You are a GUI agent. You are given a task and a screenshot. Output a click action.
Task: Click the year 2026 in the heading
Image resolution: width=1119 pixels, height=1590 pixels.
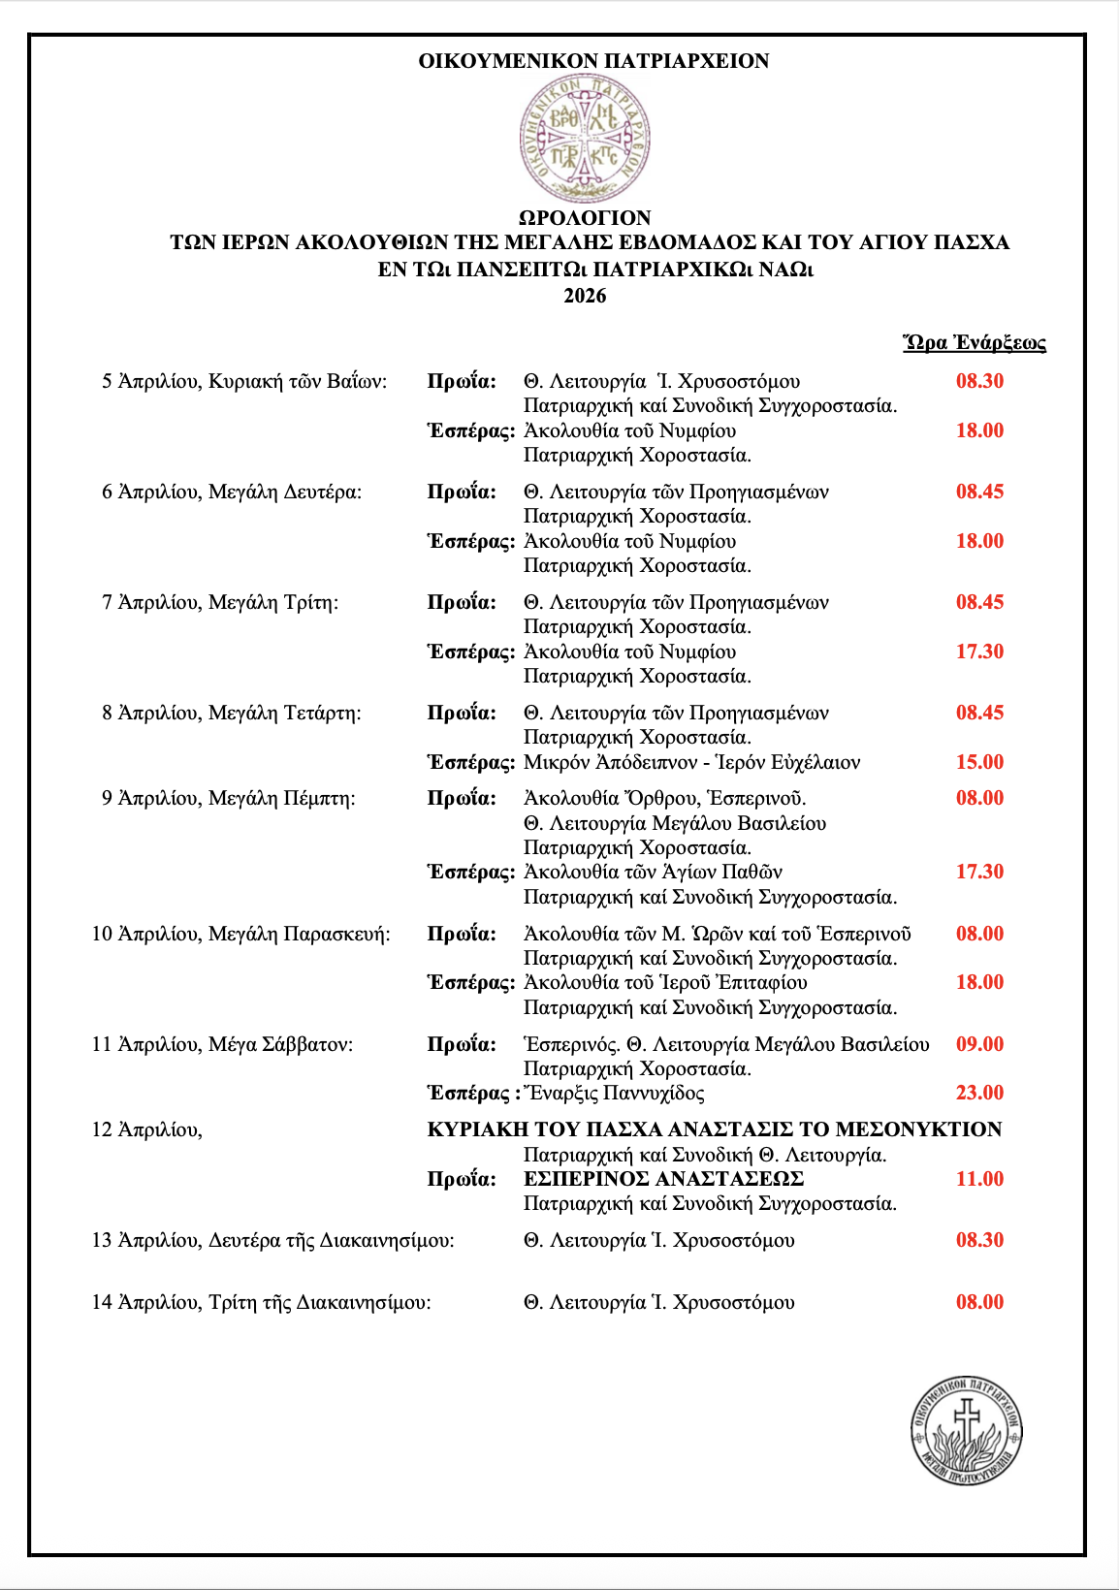(585, 296)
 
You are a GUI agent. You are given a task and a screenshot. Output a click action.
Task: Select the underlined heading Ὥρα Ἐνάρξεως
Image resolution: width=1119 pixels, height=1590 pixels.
(975, 342)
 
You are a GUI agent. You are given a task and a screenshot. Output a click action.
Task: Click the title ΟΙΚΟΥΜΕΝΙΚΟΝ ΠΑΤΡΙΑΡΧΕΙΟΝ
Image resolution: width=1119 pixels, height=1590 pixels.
(593, 61)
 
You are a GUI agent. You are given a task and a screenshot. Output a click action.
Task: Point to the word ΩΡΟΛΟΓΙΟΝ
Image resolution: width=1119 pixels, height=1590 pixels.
(585, 218)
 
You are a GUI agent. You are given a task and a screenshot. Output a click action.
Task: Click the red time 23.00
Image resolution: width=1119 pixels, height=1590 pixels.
(979, 1093)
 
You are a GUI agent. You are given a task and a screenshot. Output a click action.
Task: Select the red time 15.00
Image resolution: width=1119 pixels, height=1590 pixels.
(979, 762)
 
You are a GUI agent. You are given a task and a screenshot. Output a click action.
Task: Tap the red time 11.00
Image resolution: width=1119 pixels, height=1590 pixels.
(979, 1179)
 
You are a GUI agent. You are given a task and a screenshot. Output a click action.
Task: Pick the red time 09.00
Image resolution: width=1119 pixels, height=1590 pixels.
(979, 1044)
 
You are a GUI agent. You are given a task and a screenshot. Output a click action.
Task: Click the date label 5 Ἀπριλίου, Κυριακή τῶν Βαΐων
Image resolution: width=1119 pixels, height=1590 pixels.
(244, 381)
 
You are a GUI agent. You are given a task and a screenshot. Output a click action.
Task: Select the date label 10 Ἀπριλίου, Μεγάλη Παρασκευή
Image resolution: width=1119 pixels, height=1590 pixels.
(240, 934)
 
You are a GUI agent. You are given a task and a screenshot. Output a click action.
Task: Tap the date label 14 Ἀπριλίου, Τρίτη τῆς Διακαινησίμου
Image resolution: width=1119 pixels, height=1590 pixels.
(261, 1302)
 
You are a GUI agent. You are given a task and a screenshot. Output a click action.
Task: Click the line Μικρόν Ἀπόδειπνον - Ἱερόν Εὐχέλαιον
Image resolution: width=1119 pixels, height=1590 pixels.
(691, 762)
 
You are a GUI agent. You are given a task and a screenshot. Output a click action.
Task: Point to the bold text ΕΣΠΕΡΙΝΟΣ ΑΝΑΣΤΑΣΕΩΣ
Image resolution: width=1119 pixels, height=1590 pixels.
(663, 1179)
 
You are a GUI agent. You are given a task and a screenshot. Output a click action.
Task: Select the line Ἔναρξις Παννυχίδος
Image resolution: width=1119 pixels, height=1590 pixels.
(614, 1093)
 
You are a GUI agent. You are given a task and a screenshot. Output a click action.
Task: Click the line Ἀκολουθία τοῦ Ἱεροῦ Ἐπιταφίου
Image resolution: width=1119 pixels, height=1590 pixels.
(665, 982)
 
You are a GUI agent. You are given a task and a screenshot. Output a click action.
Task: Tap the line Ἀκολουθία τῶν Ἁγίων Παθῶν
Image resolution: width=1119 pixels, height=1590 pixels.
(653, 872)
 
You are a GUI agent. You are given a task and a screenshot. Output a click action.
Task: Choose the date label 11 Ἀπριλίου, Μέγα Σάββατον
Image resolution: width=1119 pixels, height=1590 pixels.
(222, 1044)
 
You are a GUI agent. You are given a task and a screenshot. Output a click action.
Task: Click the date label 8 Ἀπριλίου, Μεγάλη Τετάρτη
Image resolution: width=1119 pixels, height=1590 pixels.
(231, 713)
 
